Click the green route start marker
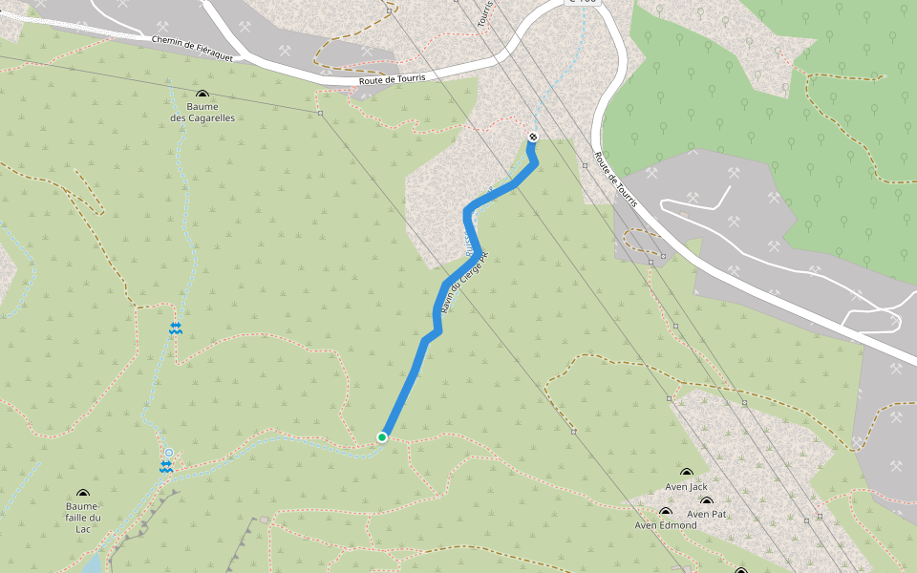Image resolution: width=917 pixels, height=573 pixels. click(382, 437)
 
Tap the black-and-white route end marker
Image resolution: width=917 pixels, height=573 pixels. click(533, 138)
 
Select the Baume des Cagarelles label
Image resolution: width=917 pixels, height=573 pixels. click(203, 113)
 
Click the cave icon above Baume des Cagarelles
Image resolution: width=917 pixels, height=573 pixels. click(203, 95)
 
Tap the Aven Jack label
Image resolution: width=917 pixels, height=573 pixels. click(686, 487)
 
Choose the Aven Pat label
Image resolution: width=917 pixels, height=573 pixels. click(707, 514)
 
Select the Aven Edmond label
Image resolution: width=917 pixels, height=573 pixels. click(666, 525)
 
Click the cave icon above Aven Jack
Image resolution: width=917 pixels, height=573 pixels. click(686, 473)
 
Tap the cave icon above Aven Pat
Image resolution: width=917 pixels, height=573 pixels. click(707, 501)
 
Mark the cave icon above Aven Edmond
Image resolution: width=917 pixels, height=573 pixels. click(666, 513)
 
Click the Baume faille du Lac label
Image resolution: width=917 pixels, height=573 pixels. click(83, 518)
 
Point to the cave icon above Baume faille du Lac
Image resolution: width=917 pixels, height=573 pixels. click(83, 494)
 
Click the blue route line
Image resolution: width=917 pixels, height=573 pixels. click(411, 377)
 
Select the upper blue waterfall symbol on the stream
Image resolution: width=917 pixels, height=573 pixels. click(175, 328)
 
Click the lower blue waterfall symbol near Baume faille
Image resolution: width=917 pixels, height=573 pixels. click(166, 466)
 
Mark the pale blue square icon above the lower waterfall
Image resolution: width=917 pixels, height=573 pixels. click(168, 453)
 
